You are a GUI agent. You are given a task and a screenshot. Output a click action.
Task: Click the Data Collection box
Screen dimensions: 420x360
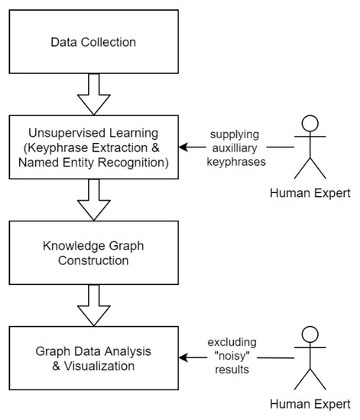tap(92, 42)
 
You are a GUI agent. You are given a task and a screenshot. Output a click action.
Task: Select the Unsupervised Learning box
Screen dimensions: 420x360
tap(92, 147)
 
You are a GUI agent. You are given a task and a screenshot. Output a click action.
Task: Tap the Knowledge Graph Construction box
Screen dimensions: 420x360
tap(92, 252)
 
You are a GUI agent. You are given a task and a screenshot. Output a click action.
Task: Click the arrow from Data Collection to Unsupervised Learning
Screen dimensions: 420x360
tap(92, 94)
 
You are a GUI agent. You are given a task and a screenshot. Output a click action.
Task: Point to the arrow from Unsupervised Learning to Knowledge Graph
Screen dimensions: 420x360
tap(92, 199)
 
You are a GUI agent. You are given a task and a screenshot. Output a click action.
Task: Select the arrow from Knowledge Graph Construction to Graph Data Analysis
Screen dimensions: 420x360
tap(92, 305)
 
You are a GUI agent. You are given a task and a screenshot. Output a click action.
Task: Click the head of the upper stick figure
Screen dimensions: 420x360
tap(310, 123)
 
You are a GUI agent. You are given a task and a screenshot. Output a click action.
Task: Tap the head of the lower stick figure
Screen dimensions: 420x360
tap(310, 334)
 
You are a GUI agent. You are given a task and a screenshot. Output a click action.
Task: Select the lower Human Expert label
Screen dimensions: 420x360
tap(310, 402)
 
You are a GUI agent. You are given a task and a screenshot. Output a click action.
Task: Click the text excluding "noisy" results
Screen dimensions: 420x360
tap(236, 357)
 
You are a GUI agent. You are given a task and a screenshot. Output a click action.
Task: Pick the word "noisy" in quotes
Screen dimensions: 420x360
tap(236, 357)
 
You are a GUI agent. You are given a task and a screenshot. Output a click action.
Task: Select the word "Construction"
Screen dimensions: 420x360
tap(93, 260)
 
